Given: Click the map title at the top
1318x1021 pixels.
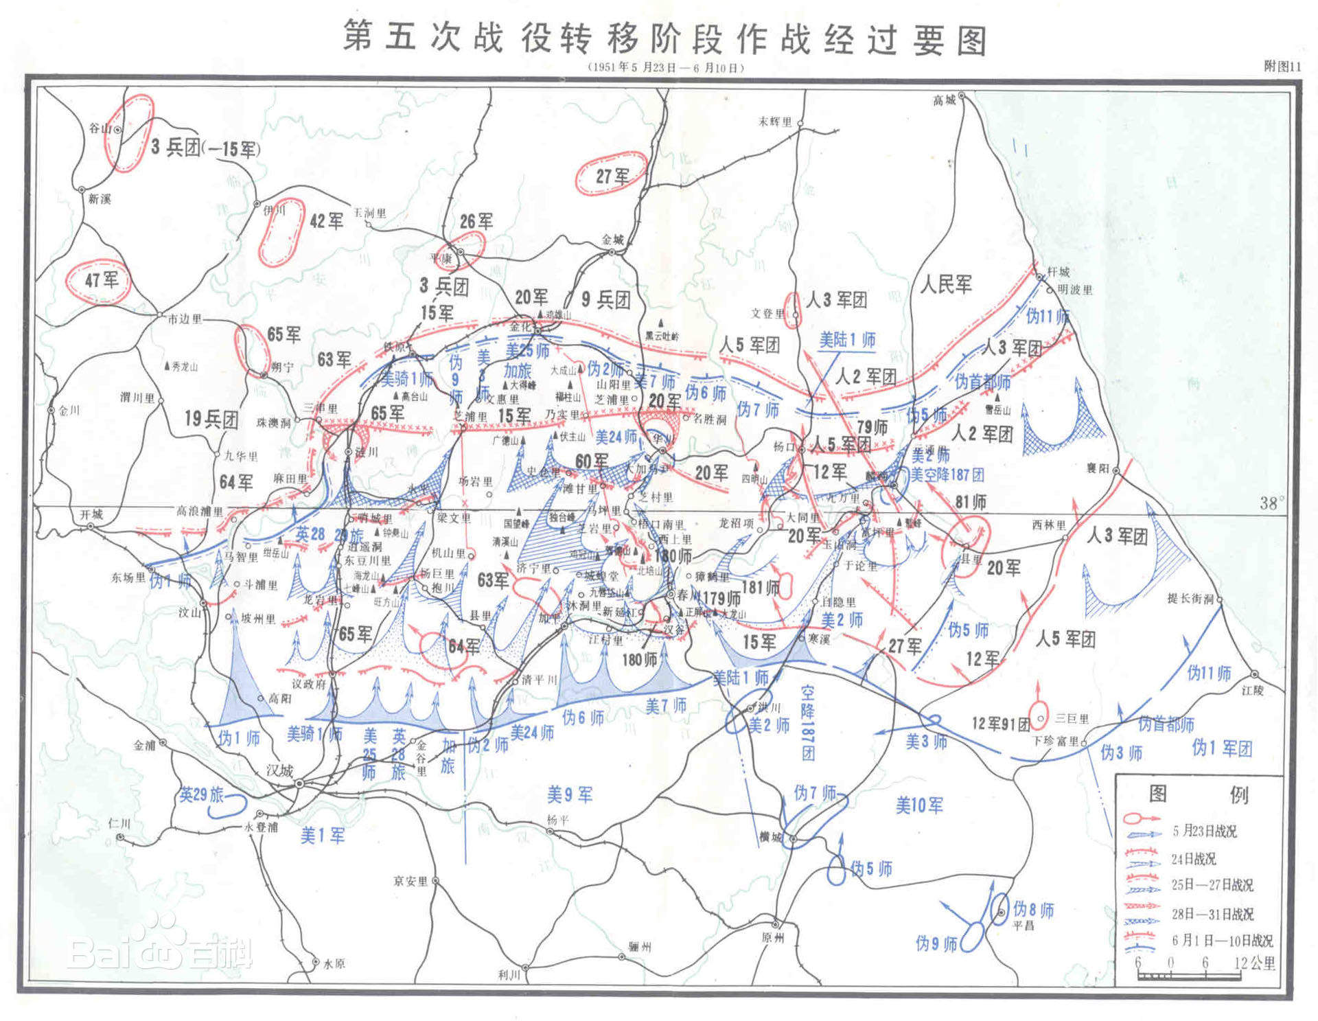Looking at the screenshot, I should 664,38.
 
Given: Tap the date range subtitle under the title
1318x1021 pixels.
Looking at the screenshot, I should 664,67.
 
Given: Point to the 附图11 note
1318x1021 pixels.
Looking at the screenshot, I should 1282,66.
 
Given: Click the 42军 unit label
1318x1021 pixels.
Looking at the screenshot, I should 326,220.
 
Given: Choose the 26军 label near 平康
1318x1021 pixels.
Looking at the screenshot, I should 476,221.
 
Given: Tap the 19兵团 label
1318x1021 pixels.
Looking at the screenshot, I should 211,419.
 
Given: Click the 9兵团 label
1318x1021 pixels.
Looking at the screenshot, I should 605,299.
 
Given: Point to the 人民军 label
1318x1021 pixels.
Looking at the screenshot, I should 946,284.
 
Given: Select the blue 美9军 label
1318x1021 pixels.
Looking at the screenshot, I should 569,795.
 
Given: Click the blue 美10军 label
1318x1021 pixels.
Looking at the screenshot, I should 919,805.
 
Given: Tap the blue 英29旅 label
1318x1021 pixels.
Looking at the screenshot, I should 202,794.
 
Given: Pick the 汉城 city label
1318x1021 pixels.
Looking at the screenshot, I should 279,770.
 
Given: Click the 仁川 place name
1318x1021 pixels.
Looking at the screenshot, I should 119,823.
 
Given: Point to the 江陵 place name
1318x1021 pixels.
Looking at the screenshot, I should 1252,690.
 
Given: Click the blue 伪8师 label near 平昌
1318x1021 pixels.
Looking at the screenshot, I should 1033,910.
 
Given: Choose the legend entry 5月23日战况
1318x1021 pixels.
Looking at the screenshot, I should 1205,831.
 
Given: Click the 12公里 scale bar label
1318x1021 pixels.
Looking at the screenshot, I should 1254,963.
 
